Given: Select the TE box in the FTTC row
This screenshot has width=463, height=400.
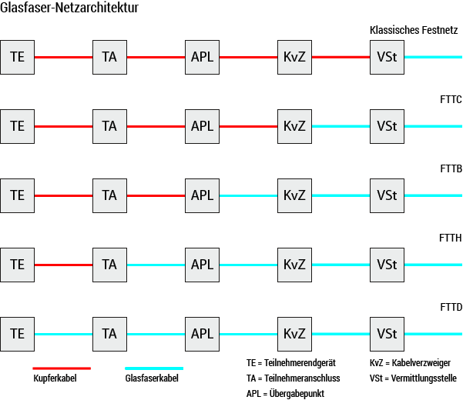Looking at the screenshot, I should coord(18,126).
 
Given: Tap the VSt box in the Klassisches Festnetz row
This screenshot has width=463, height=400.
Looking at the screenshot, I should coord(387,57).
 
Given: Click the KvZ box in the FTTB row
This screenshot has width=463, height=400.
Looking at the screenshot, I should coord(294,195).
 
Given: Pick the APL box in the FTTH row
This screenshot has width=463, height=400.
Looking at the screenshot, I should coord(202,265).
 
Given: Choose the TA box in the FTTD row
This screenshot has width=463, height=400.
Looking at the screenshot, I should coord(109,334).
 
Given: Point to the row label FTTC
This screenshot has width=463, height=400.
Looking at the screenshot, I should coord(449,100).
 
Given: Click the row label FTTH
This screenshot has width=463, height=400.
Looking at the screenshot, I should coord(449,238).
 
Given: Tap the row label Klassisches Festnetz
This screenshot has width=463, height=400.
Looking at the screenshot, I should coord(414,31).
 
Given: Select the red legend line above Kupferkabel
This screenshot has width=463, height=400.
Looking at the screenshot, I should coord(62,368).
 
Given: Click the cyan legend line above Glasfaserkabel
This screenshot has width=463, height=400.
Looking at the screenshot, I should coord(154,368).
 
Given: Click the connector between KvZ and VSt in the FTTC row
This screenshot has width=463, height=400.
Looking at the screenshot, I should coord(341,126).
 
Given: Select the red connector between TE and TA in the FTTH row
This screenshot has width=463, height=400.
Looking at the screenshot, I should coord(63,265).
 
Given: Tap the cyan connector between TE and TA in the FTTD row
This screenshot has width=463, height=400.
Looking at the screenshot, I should coord(63,334).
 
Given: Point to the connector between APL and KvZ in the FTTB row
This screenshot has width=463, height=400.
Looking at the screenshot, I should coord(248,195).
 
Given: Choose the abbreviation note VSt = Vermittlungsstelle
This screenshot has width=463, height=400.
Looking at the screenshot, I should coord(413,378).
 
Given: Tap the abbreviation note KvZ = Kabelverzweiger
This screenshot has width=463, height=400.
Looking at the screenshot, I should coord(411,362).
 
